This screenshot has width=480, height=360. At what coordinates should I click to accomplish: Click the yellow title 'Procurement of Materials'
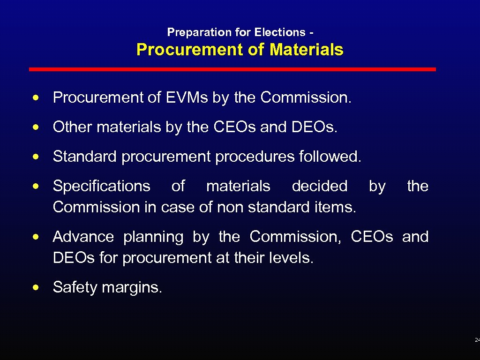(240, 50)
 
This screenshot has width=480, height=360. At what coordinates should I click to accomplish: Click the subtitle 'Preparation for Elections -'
(240, 32)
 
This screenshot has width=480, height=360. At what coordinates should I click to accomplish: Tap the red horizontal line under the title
(232, 69)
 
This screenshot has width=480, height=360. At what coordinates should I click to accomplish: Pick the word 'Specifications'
(102, 186)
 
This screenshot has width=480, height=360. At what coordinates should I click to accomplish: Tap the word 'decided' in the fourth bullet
(320, 186)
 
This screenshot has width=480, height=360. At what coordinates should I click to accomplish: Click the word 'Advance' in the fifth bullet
(83, 237)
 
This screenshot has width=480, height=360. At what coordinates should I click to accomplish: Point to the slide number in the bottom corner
(477, 339)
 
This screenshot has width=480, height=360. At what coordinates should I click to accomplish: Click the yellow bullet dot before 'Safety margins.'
(36, 287)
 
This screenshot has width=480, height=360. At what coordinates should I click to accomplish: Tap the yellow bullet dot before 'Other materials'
(36, 127)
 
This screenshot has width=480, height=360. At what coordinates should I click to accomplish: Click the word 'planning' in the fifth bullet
(153, 237)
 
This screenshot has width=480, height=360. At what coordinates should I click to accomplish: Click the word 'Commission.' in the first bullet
(306, 97)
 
